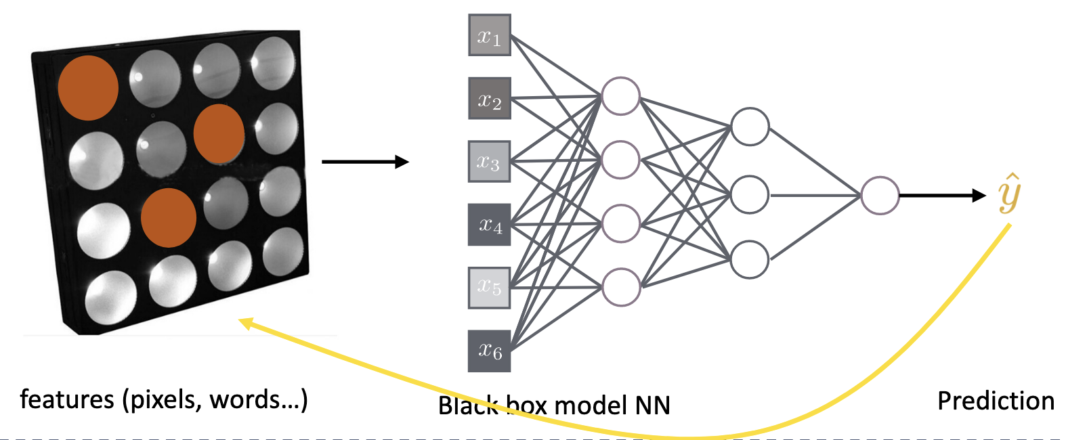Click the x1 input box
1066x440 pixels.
489,35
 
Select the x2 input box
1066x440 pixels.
489,99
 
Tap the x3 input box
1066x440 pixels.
489,162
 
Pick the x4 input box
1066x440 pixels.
489,225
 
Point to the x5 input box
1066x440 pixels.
489,288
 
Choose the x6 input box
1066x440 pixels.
489,351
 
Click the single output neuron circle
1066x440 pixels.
880,196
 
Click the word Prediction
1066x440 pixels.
996,401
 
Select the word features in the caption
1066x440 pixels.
67,399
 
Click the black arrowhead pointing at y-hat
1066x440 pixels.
979,196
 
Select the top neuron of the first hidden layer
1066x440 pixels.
620,96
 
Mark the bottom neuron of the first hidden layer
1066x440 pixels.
620,287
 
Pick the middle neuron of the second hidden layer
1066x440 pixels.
750,195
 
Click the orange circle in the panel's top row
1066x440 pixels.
88,88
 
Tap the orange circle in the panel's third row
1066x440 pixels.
169,217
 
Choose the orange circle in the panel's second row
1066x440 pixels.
219,133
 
